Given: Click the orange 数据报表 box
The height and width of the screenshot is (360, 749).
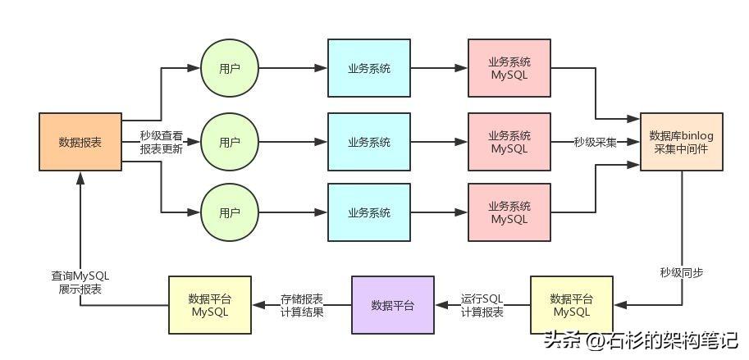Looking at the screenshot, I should pyautogui.click(x=80, y=142).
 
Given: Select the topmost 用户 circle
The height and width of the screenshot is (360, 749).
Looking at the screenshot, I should pyautogui.click(x=230, y=69).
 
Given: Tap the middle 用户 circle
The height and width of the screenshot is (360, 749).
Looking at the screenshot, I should pyautogui.click(x=230, y=142).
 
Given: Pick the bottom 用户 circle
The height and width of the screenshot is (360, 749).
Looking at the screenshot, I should pyautogui.click(x=230, y=212).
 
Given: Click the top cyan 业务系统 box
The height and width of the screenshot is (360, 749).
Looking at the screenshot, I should pyautogui.click(x=369, y=69).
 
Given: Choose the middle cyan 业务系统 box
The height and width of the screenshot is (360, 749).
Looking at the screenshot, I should pyautogui.click(x=369, y=142).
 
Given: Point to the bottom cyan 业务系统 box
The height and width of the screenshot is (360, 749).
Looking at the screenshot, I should pyautogui.click(x=369, y=212).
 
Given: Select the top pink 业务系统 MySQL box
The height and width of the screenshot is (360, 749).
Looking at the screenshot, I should pyautogui.click(x=509, y=69).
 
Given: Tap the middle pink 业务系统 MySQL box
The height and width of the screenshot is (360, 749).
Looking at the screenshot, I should pyautogui.click(x=509, y=142).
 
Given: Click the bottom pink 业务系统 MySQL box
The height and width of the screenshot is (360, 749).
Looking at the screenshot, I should pyautogui.click(x=509, y=212).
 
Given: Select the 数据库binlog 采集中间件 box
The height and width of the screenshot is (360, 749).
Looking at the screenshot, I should pyautogui.click(x=681, y=142).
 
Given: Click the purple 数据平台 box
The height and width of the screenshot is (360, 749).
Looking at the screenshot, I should pyautogui.click(x=392, y=305).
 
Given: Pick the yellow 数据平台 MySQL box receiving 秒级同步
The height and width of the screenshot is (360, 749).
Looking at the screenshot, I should pyautogui.click(x=571, y=305).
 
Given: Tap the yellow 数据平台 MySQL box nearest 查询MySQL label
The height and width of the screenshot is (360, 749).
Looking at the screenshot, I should pyautogui.click(x=209, y=305).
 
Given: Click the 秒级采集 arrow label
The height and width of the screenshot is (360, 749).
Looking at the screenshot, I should pyautogui.click(x=596, y=142).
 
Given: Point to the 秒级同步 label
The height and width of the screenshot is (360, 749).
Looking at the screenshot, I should pyautogui.click(x=681, y=271).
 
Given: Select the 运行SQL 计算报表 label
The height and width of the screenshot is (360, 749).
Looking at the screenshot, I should pyautogui.click(x=482, y=305).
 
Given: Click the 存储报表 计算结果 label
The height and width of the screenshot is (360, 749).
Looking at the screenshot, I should pyautogui.click(x=301, y=305).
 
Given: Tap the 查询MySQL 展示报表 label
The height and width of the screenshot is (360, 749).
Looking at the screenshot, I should pyautogui.click(x=80, y=282).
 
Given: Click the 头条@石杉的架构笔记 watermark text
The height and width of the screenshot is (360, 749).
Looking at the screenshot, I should pyautogui.click(x=641, y=339).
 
